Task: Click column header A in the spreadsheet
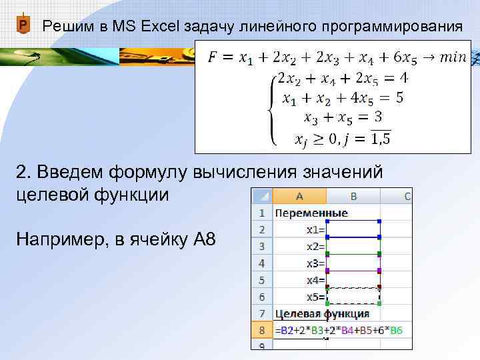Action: [299, 196]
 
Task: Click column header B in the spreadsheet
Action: [353, 196]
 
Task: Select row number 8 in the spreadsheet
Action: [261, 331]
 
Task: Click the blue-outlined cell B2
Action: [353, 229]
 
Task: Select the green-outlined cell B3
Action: [353, 246]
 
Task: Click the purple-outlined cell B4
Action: [353, 263]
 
